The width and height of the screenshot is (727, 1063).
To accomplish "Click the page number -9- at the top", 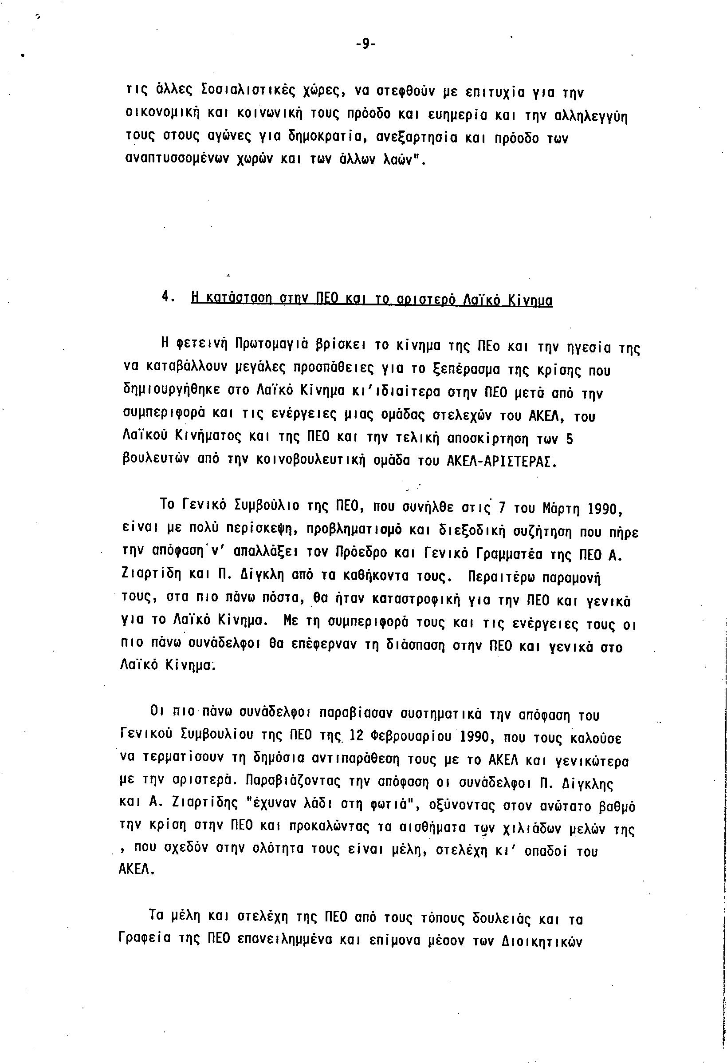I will coord(365,44).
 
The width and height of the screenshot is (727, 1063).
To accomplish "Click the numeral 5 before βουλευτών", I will coord(569,439).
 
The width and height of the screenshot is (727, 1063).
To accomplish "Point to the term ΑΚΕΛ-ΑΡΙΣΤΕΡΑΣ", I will coord(501,462).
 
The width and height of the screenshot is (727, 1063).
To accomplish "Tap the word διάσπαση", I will coord(416,647).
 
